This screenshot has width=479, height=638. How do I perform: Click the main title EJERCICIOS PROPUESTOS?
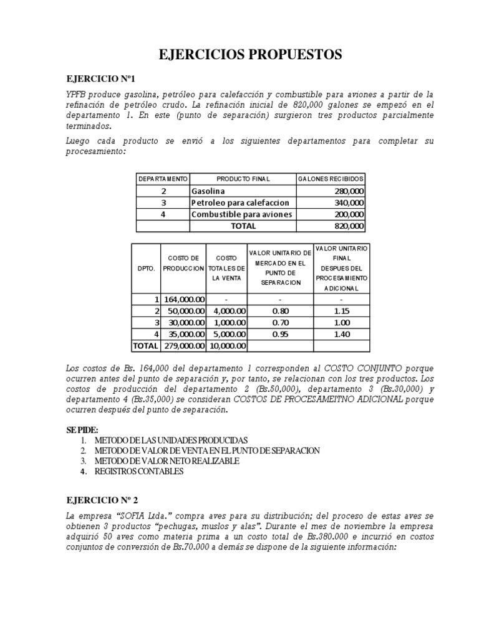[251, 55]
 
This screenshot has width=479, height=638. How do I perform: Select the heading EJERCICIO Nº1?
[100, 79]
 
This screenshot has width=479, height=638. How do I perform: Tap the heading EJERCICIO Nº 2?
[103, 499]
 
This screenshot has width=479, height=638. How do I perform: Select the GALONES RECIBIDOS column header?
[331, 179]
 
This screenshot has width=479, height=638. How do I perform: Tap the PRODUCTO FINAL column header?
[243, 179]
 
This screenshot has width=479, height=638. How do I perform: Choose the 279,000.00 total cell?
[185, 346]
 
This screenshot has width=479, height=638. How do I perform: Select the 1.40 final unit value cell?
[341, 335]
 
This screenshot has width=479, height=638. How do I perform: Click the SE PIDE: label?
[82, 430]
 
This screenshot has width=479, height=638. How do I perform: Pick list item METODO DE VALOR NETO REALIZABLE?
[167, 460]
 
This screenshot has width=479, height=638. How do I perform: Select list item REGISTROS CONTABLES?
[139, 471]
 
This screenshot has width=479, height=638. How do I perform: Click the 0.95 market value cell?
[280, 335]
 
